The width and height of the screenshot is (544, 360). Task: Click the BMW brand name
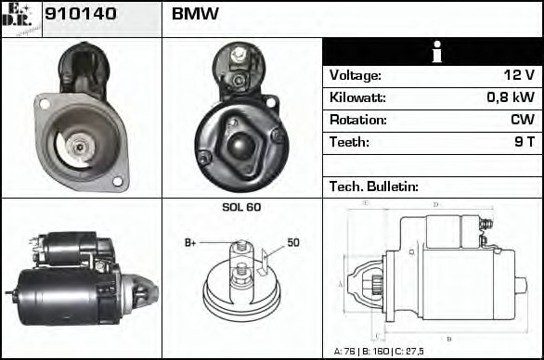click(195, 16)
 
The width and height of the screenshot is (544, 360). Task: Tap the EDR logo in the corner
click(20, 18)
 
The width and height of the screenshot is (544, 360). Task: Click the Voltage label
click(356, 75)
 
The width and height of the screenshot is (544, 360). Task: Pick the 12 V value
click(518, 75)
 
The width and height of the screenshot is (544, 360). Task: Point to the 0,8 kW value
click(510, 97)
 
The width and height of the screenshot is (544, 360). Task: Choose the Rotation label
click(357, 120)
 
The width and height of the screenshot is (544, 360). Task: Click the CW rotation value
click(522, 120)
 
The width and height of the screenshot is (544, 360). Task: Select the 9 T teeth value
click(522, 142)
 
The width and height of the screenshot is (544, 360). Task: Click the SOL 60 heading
click(241, 207)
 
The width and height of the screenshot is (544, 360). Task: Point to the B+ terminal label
click(190, 243)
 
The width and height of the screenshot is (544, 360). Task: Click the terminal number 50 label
click(293, 243)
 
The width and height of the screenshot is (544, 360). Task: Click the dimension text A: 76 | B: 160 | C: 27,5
click(389, 352)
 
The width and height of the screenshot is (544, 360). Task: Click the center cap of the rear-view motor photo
click(241, 143)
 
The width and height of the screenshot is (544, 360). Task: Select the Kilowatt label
click(357, 97)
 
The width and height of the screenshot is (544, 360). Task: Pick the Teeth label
click(349, 142)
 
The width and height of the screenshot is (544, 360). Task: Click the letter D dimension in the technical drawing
click(435, 204)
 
